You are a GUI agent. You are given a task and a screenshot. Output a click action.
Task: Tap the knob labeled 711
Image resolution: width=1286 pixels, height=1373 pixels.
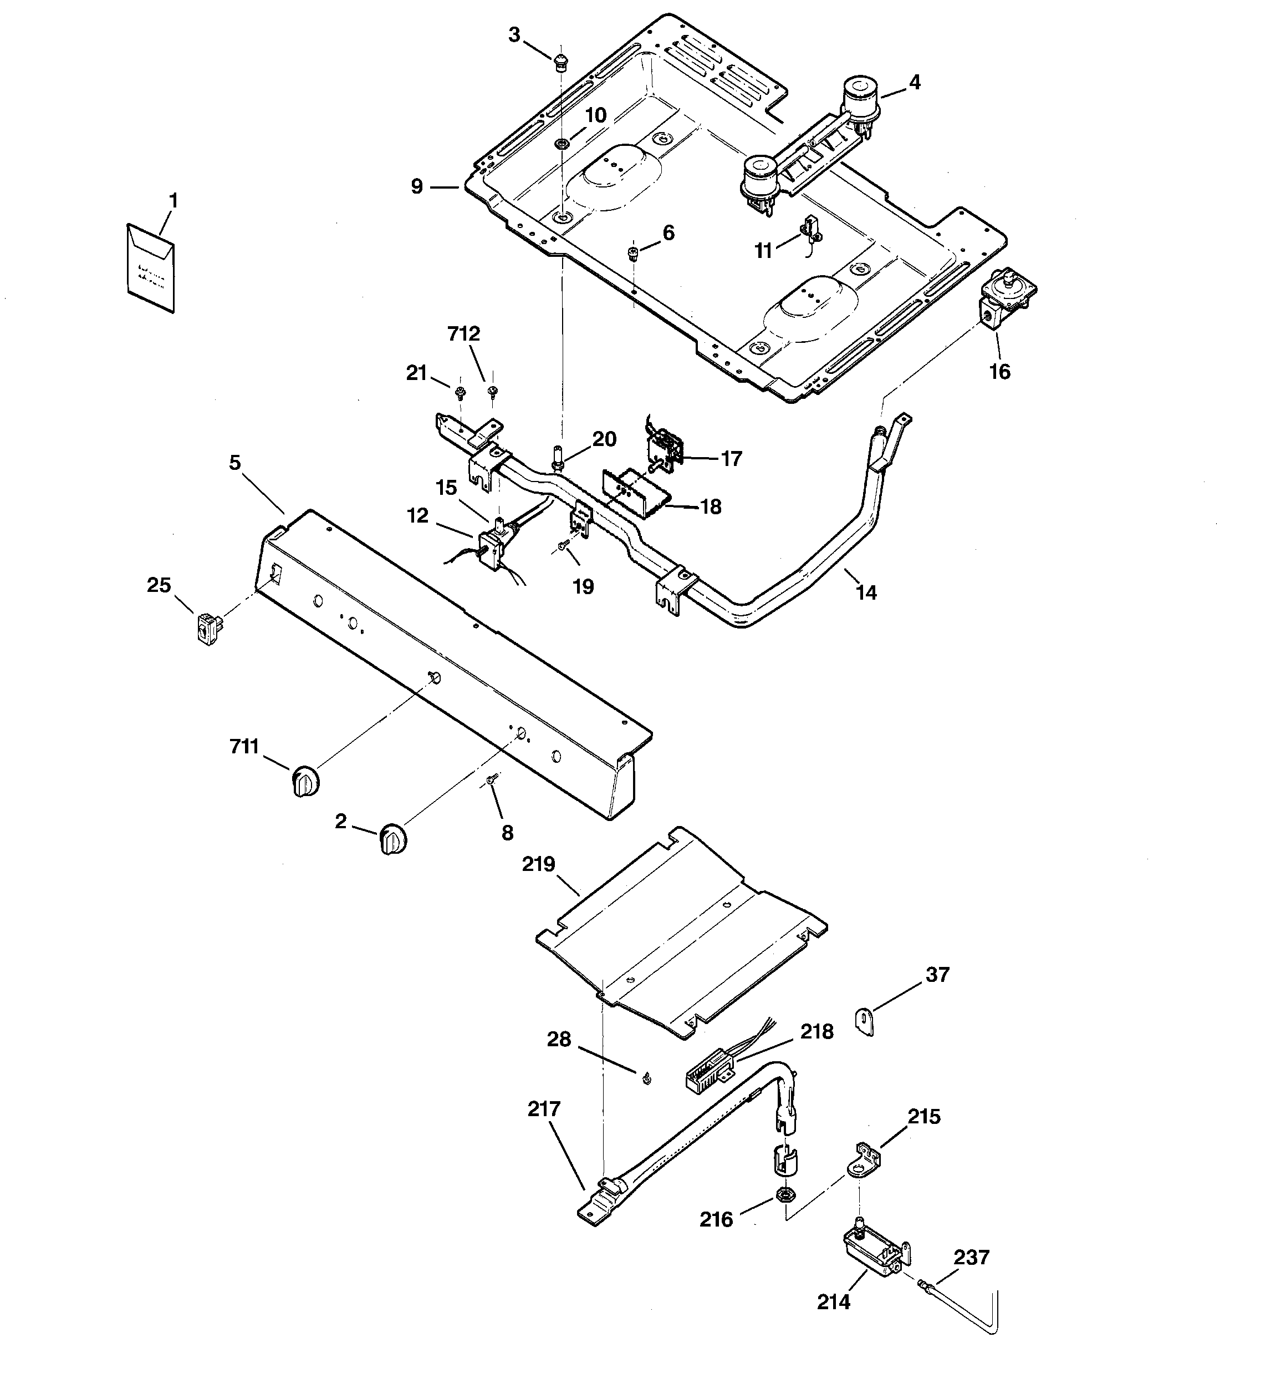[304, 781]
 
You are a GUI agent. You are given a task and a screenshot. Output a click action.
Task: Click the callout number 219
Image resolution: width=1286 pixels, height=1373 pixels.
[538, 864]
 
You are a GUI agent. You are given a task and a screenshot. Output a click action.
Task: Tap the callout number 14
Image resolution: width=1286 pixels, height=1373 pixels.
[866, 592]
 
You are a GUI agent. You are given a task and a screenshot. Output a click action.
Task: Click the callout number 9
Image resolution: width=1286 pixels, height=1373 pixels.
[417, 186]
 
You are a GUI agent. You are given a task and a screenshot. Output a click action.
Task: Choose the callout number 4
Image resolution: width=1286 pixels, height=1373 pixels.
[914, 83]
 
